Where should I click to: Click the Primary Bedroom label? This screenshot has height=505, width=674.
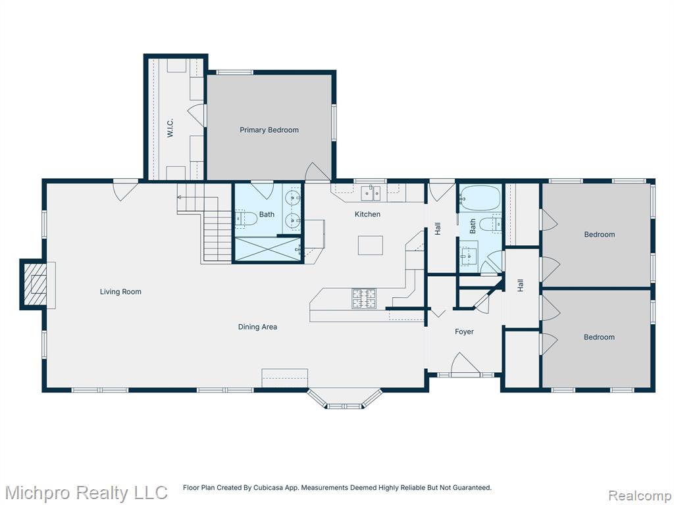pos(269,130)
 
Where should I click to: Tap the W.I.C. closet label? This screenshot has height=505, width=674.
pos(170,128)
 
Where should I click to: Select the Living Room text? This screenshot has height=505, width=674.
pos(120,291)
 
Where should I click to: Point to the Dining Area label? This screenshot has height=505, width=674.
pos(257,327)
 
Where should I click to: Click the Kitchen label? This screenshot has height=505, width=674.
pos(367,214)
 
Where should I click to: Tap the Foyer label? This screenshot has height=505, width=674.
pos(464,331)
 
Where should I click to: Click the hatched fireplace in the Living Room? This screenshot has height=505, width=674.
pos(35,284)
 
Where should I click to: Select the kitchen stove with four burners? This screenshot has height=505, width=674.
pos(364,299)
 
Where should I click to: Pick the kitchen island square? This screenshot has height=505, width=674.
pos(371,245)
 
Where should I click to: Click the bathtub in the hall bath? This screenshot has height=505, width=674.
pos(480,198)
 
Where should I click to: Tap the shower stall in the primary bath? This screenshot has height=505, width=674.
pos(267,249)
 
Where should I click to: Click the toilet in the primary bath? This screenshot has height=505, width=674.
pos(246,218)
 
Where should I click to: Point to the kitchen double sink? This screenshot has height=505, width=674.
pos(370,193)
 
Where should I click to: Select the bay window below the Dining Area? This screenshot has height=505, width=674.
pos(344,398)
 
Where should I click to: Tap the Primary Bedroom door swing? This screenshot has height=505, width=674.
pos(318,172)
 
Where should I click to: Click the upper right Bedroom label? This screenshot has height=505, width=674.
pos(599,235)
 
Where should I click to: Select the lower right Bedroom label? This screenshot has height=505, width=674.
pos(599,337)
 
